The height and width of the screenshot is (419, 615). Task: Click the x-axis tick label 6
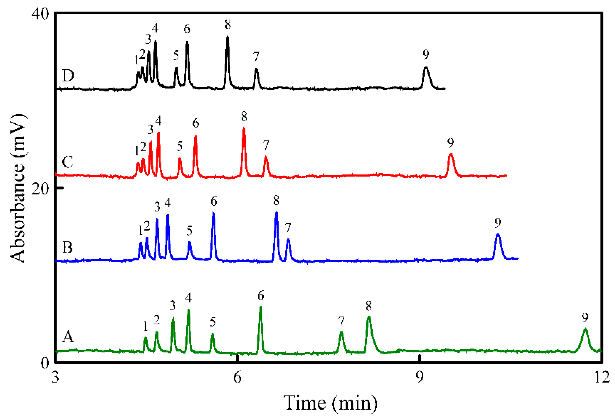coord(237,377)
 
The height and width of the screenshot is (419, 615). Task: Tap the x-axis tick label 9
coord(419,377)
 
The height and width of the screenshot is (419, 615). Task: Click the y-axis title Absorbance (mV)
coord(17,188)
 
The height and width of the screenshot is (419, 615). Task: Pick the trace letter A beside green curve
coord(68,337)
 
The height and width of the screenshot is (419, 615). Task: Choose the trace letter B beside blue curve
coord(68,247)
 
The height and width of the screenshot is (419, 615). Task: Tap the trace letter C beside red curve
coord(68,162)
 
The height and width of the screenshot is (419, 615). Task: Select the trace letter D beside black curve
coord(68,76)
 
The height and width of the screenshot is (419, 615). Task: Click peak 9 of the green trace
coord(585,329)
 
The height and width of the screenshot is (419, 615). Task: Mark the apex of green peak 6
coord(261,307)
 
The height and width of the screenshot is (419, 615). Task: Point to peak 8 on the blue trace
coord(276,212)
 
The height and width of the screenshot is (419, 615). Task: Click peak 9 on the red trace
coord(451,154)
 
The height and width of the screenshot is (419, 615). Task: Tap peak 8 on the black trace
coord(227,37)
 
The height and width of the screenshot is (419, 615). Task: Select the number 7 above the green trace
coord(341,321)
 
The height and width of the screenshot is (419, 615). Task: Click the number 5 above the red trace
coord(180,146)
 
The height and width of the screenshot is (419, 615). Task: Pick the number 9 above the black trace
coord(426,54)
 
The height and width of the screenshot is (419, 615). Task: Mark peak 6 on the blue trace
coord(213,212)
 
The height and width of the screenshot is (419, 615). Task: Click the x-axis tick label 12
coord(602,377)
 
